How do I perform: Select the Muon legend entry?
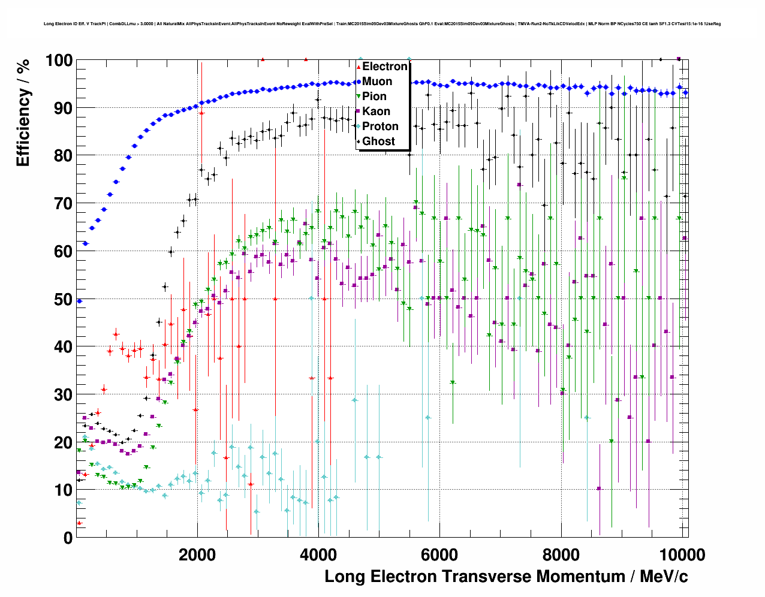[x=377, y=82]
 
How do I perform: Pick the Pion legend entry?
[x=374, y=97]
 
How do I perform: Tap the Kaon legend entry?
[x=376, y=111]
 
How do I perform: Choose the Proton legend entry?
[x=380, y=126]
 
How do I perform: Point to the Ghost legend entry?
[x=378, y=141]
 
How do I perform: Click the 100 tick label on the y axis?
[x=59, y=61]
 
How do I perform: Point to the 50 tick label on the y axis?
[x=63, y=299]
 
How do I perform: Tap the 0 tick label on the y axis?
[x=68, y=538]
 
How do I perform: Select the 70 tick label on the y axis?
[x=63, y=204]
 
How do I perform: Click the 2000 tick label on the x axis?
[x=197, y=554]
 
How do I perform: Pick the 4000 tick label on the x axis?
[x=318, y=554]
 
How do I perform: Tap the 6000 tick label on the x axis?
[x=439, y=554]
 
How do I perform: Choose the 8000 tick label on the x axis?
[x=561, y=554]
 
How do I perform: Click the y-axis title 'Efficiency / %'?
[x=23, y=112]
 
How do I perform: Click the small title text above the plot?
[x=382, y=24]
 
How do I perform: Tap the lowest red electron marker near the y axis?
[x=79, y=523]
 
